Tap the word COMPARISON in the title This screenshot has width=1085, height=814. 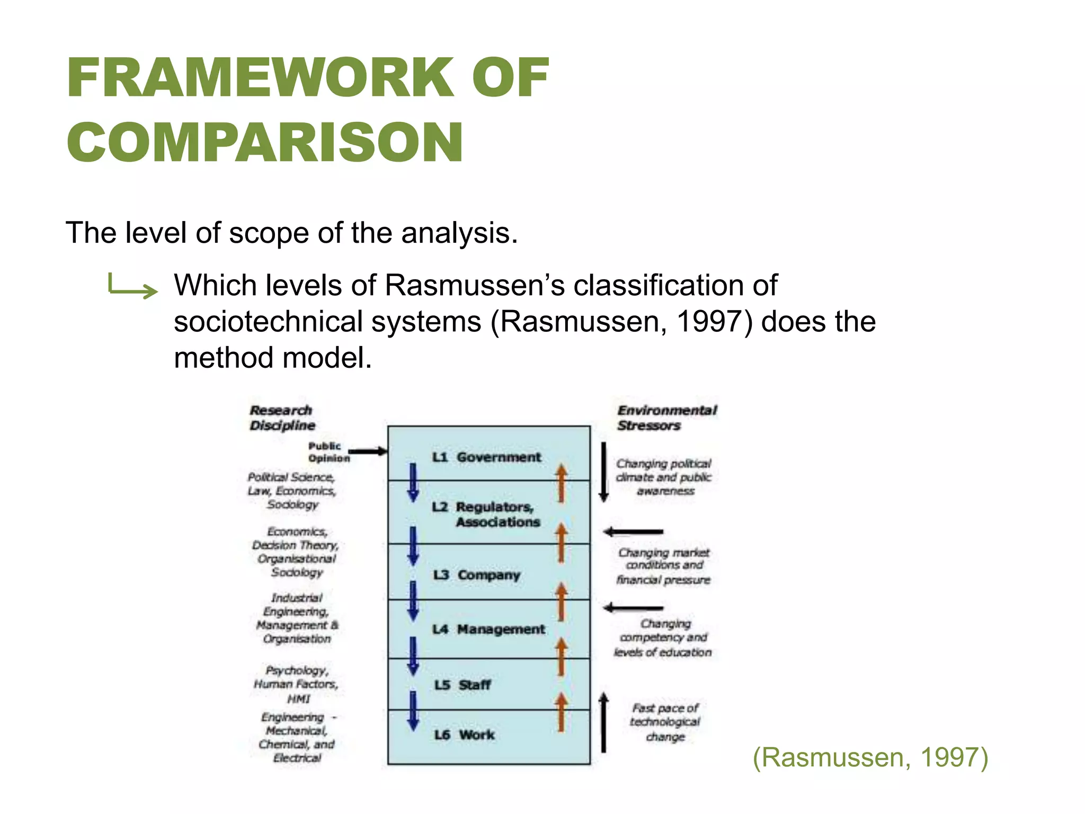coord(265,142)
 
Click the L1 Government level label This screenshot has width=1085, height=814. coord(486,457)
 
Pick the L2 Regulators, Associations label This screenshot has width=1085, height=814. coord(486,514)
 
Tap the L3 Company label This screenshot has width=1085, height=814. coord(476,575)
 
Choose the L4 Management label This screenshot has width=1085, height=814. coord(488,630)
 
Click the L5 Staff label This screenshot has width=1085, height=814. coord(463,685)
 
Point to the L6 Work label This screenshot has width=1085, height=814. coord(464,735)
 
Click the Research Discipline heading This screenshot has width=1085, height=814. coord(281,418)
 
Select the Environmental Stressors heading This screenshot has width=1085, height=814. coord(666,418)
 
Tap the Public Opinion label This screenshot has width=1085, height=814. coord(328,452)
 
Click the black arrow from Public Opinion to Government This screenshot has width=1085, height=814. coord(368,452)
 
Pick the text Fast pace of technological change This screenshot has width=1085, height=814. coord(665,722)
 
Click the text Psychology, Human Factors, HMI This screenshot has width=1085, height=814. coord(296,684)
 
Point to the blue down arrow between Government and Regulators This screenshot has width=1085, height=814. coord(413,483)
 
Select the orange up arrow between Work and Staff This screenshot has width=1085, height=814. coord(561,712)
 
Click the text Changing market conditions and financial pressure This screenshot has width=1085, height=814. coord(663,566)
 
